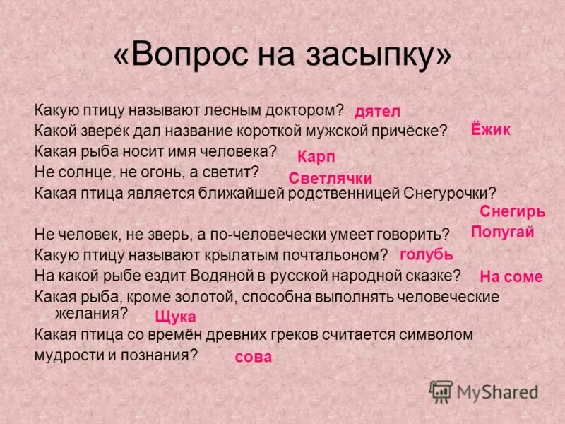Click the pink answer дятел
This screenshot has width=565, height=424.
tap(377, 111)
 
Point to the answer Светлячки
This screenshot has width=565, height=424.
tap(331, 179)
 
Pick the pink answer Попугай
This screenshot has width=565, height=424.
tap(502, 232)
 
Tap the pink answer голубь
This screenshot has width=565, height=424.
tap(426, 254)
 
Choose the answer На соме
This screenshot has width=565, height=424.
tap(511, 276)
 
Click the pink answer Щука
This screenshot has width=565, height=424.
tap(175, 317)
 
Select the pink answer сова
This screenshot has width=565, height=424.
tap(254, 357)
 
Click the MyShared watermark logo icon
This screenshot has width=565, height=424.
tap(441, 391)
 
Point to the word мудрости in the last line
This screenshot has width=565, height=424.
tap(70, 355)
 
